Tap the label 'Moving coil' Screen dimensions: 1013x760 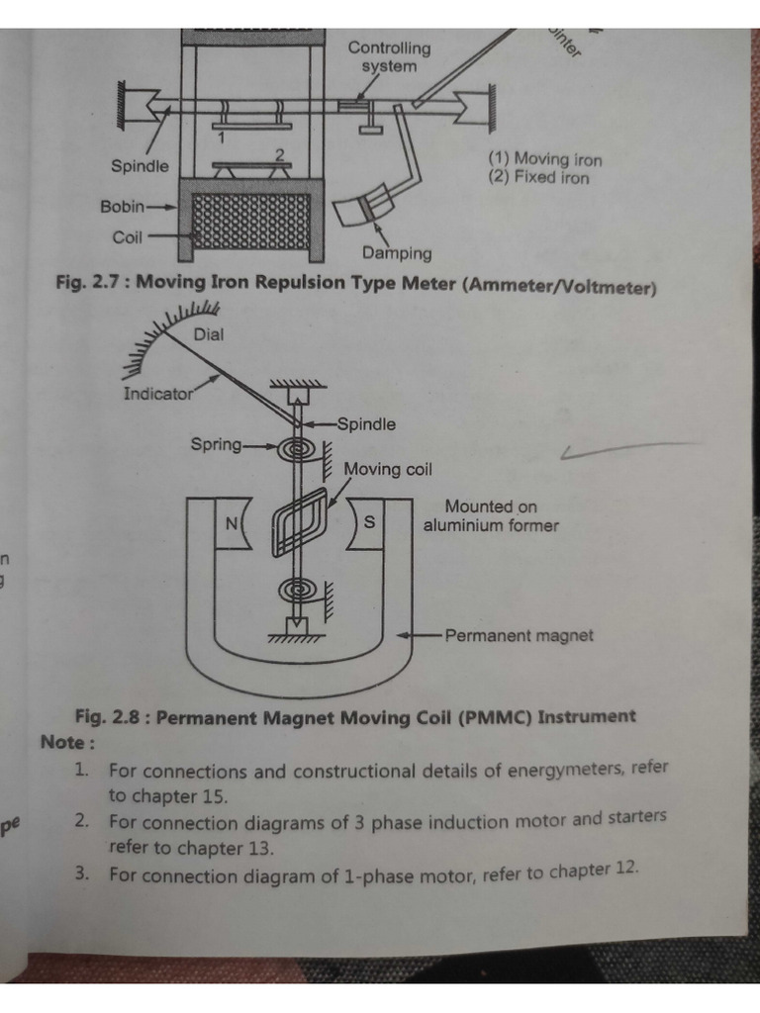click(x=388, y=469)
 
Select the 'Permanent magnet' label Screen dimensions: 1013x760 click(x=520, y=635)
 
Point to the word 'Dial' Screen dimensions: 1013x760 click(x=209, y=334)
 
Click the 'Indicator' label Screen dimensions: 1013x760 click(x=157, y=394)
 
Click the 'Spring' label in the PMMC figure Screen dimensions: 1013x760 click(x=216, y=445)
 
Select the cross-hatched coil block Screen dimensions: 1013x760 click(x=251, y=221)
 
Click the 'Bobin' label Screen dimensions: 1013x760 click(x=122, y=207)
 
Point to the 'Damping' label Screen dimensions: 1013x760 click(x=397, y=253)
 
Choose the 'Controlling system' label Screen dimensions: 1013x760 click(x=389, y=57)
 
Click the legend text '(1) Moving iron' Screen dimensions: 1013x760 click(x=544, y=159)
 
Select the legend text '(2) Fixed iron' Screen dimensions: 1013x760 click(x=538, y=178)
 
